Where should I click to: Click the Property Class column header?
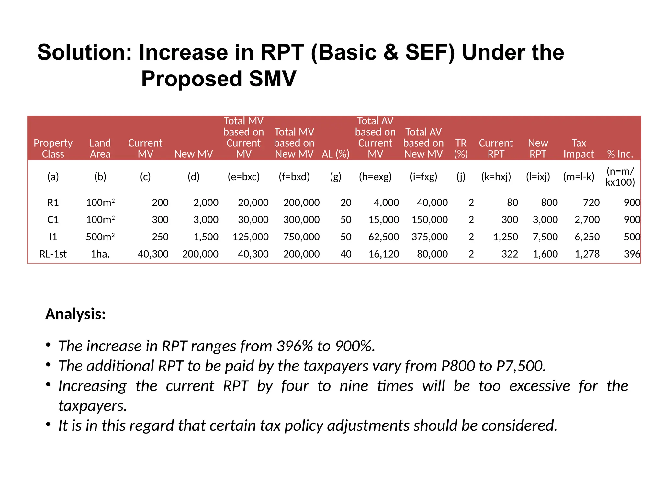[x=53, y=149]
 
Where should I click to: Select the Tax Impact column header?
[x=579, y=149]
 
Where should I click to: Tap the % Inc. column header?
[x=620, y=154]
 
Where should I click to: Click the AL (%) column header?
[x=335, y=154]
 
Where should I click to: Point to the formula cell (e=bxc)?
[x=243, y=177]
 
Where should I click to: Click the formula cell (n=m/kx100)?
[x=620, y=177]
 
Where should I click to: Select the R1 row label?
[x=53, y=203]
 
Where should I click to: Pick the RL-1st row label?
[x=53, y=254]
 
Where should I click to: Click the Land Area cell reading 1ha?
[x=100, y=254]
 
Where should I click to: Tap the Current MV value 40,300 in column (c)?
[x=153, y=254]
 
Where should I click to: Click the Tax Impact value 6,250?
[x=587, y=237]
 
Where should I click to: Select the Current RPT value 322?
[x=510, y=254]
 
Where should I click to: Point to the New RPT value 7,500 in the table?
[x=545, y=237]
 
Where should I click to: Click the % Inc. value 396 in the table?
[x=632, y=254]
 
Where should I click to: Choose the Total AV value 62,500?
[x=384, y=237]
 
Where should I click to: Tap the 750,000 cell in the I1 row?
[x=301, y=237]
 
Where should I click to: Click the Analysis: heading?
[x=75, y=314]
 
